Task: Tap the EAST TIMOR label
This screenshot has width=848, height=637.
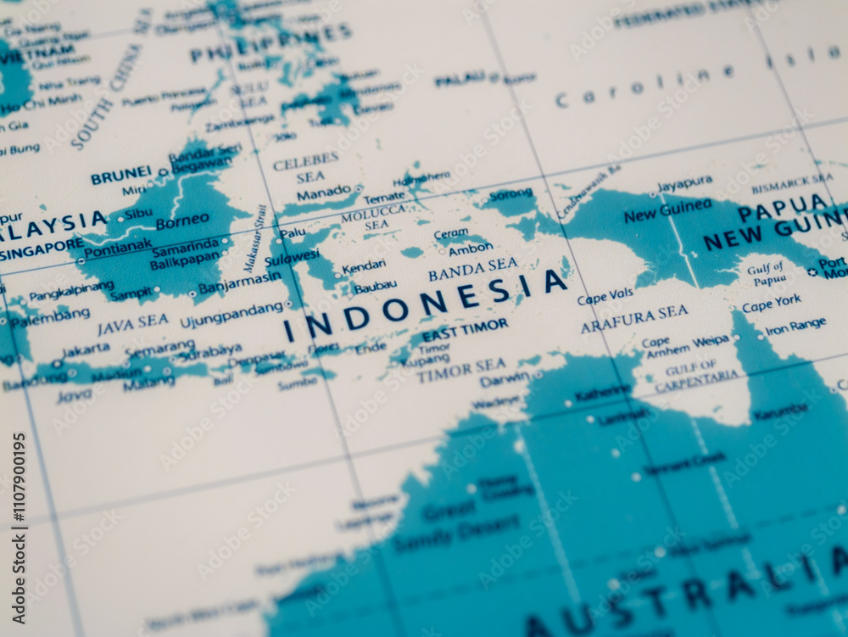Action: (465, 328)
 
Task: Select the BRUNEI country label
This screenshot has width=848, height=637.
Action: (120, 177)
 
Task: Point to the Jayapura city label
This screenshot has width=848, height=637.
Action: (684, 182)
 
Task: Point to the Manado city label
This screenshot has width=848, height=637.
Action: (323, 193)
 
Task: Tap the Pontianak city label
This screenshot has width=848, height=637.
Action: (118, 247)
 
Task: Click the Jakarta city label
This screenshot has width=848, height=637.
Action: (85, 349)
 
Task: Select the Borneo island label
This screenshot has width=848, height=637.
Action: (182, 221)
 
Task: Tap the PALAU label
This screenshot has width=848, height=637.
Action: (460, 80)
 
